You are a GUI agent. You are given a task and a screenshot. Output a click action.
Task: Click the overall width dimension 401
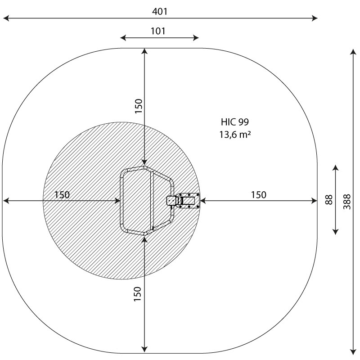pos(160,11)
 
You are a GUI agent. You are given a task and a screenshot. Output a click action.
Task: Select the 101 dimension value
pos(158,31)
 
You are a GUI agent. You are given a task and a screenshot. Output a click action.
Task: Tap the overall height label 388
pos(347,202)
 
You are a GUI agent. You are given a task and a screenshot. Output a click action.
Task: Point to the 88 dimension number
pos(329,199)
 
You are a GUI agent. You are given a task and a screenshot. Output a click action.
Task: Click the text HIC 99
pos(234,121)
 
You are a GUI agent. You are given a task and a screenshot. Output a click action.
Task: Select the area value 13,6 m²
pos(235,134)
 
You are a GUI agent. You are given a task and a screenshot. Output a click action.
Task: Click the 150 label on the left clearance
pos(62,195)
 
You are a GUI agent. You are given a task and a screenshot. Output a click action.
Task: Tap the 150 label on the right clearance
pos(259,195)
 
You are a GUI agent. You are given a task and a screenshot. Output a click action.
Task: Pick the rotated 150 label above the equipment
pos(139,106)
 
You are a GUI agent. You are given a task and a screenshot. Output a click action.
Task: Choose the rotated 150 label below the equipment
pos(137,294)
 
